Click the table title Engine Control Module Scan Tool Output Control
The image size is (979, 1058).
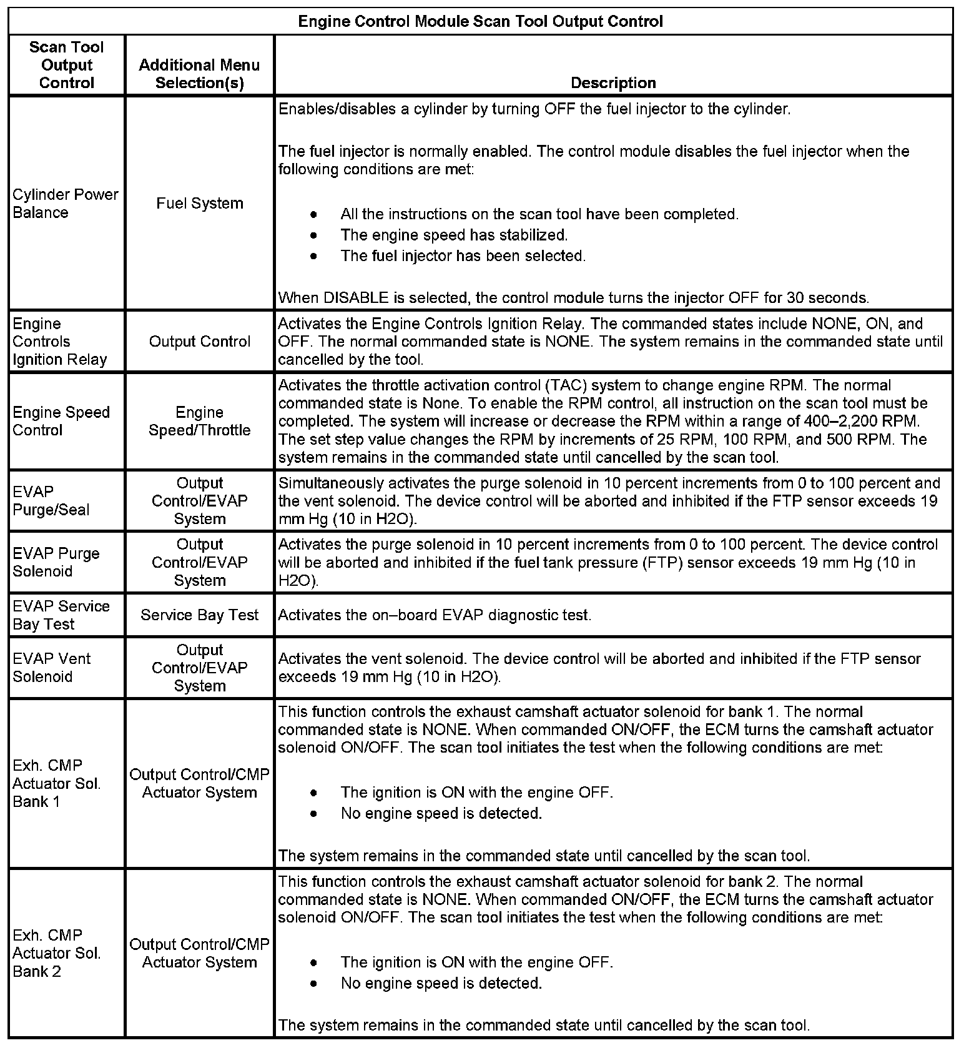(480, 22)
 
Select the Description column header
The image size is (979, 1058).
(613, 83)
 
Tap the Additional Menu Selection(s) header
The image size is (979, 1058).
(199, 74)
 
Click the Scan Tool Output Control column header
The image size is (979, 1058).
(67, 65)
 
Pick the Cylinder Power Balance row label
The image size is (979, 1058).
(65, 203)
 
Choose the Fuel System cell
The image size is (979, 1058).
(199, 203)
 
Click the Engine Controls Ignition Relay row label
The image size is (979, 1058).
(60, 342)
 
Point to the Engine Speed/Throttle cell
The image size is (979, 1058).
(199, 421)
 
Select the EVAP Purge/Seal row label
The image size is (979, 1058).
(51, 500)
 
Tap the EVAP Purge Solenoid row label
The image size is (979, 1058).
(56, 562)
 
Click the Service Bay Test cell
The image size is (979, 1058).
(199, 615)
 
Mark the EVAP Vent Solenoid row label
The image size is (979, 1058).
(52, 668)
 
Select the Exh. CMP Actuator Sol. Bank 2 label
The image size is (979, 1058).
(56, 953)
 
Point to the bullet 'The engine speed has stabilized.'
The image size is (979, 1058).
(454, 235)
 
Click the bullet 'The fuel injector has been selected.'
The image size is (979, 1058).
(463, 255)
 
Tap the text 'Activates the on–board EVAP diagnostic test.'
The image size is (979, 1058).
(435, 615)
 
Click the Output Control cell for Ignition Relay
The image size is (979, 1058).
(199, 342)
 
